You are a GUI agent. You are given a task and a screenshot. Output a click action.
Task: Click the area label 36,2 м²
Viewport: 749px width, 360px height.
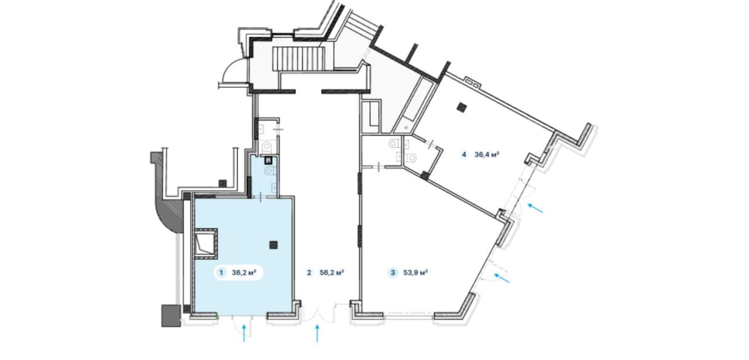244,272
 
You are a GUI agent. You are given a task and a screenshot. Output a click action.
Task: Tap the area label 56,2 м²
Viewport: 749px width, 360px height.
332,272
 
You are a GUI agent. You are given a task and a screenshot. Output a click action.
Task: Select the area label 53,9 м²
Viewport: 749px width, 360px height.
415,272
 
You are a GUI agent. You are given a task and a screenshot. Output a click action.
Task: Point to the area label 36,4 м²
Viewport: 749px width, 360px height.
487,155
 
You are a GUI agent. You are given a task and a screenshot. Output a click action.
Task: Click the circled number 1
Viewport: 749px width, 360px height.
221,273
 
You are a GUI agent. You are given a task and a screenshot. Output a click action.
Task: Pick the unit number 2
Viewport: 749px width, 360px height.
309,273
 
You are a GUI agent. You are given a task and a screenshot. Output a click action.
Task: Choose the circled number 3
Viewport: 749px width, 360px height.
393,273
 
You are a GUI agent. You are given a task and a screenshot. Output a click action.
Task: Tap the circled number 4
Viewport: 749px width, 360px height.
464,155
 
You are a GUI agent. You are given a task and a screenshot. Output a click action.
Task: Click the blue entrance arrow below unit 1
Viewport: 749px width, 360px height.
244,333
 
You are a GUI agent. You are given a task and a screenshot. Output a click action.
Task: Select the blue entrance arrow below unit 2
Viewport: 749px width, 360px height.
317,333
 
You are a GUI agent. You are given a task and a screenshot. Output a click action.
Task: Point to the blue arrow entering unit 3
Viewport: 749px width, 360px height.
502,278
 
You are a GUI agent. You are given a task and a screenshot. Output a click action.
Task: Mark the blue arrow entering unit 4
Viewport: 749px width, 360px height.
535,208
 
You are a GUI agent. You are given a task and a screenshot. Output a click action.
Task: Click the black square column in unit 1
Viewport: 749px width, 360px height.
273,245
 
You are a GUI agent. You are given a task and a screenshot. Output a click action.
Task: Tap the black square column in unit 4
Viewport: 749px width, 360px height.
463,107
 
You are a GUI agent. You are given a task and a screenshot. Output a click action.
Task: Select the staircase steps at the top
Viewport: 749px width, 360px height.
299,59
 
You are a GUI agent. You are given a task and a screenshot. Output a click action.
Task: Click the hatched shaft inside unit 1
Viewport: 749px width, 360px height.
205,244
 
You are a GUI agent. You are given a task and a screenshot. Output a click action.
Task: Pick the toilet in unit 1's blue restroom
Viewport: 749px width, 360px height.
269,172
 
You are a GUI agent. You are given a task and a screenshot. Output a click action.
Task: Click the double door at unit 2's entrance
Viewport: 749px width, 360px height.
317,314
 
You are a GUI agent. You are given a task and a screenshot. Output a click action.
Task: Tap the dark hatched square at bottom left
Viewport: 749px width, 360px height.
171,316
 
